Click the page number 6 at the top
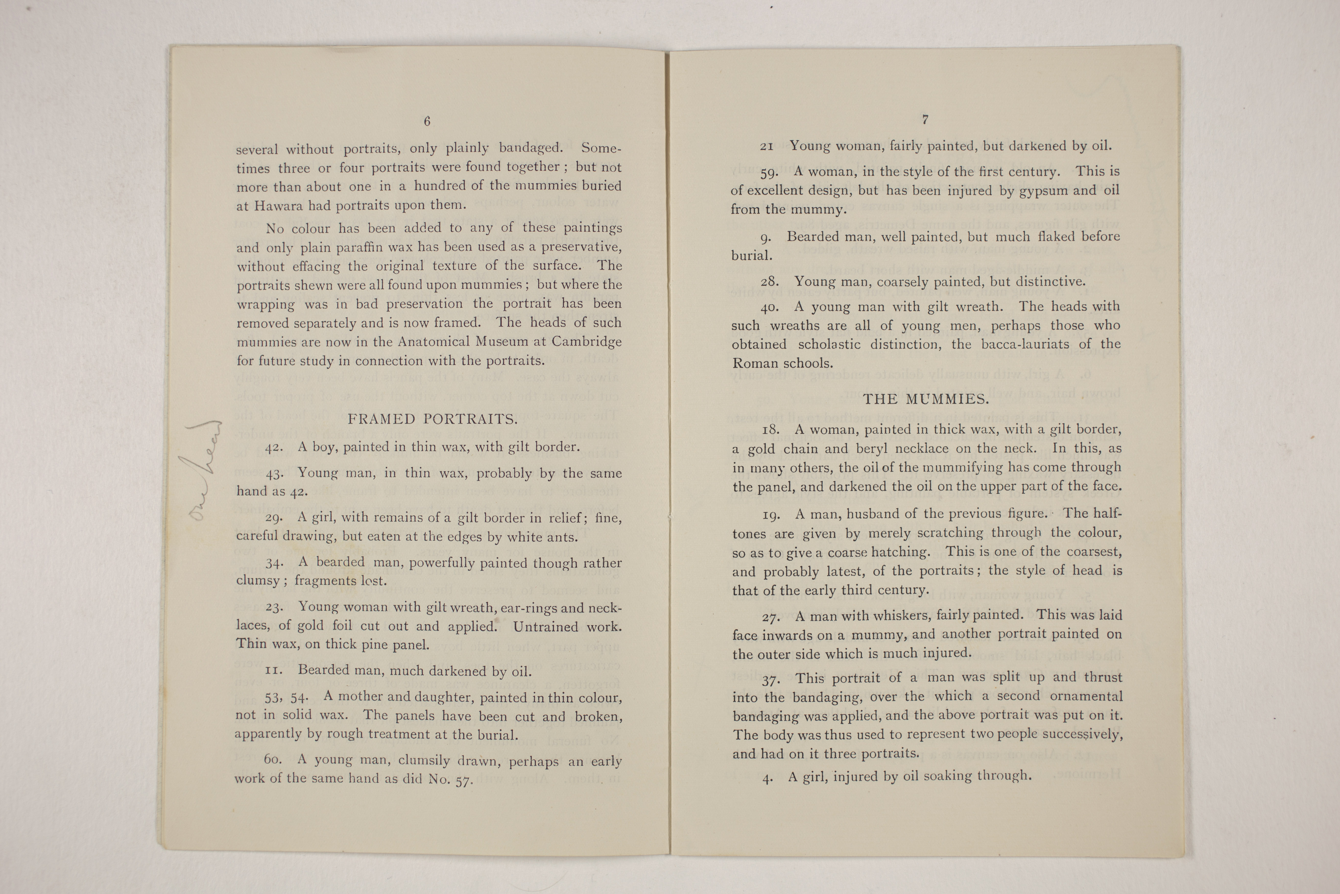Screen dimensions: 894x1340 427,121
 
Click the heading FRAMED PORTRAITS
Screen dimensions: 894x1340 432,420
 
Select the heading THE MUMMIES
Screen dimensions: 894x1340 926,399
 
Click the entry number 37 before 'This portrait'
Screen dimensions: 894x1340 771,679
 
